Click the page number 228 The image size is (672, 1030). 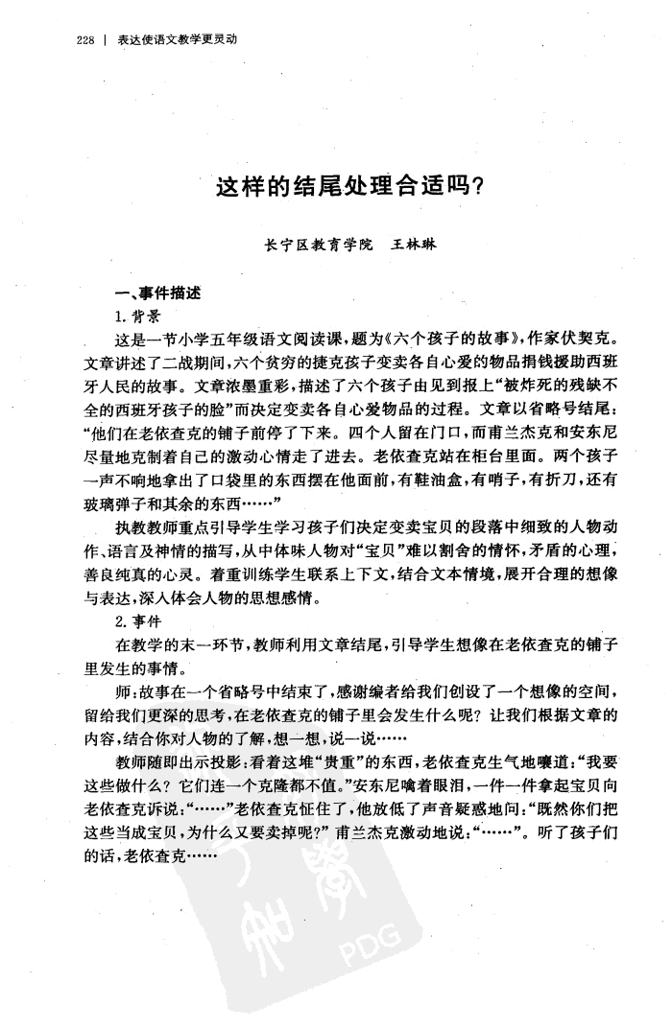(84, 40)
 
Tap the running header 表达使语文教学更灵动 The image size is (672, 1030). (177, 40)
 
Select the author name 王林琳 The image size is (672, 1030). (415, 246)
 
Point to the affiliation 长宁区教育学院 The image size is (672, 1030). (317, 246)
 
